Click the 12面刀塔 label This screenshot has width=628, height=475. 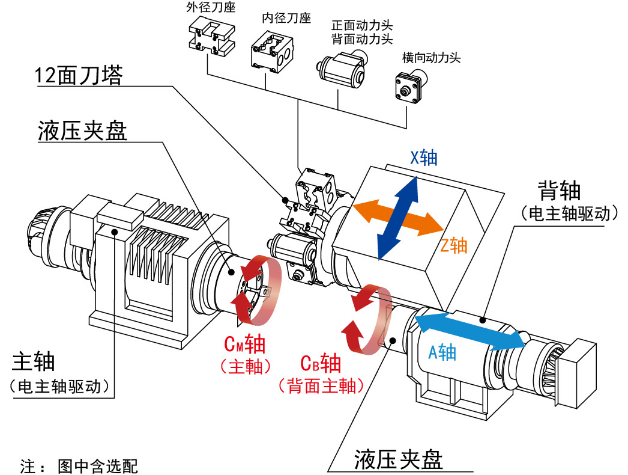[x=79, y=75]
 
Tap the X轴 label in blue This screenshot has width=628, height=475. [x=424, y=158]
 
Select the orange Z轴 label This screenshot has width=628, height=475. [x=454, y=245]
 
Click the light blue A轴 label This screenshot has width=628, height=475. [x=442, y=352]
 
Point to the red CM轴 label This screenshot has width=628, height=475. [x=245, y=344]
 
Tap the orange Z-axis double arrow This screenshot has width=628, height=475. [x=398, y=217]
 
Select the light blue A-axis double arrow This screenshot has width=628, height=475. [x=469, y=332]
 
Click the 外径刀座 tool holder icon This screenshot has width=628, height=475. [x=211, y=38]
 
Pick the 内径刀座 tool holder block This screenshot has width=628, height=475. [x=272, y=54]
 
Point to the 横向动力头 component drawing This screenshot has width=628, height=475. [x=411, y=87]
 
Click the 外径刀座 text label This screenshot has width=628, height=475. [x=211, y=7]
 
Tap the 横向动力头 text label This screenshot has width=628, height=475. [x=431, y=58]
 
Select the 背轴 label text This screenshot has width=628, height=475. [x=559, y=191]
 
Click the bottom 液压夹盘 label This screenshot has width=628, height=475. [x=398, y=460]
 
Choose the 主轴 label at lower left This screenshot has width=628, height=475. [x=33, y=361]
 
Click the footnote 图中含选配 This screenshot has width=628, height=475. [x=98, y=466]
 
